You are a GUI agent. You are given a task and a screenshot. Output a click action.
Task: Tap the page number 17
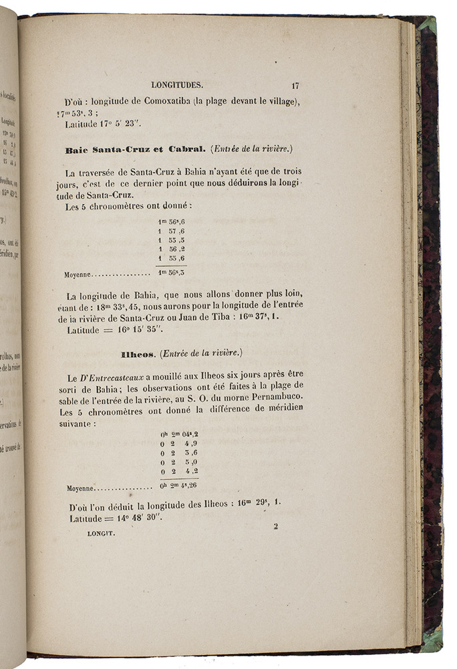(x=295, y=85)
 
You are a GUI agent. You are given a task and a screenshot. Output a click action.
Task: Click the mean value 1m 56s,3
(x=172, y=272)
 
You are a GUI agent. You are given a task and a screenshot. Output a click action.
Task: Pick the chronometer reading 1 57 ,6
(x=172, y=230)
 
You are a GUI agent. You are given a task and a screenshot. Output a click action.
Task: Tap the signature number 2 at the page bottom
(x=275, y=526)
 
